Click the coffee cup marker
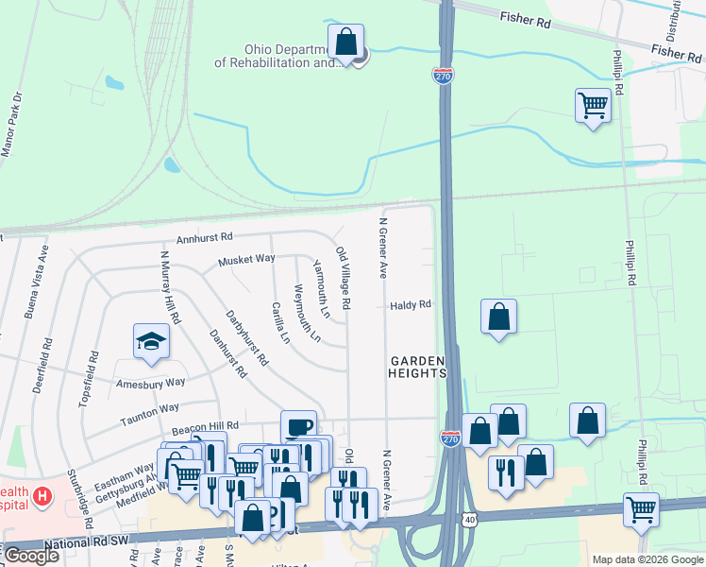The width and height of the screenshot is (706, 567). pyautogui.click(x=298, y=426)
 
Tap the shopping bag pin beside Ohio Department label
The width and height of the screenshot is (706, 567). pyautogui.click(x=346, y=43)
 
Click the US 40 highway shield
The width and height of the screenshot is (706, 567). pyautogui.click(x=469, y=519)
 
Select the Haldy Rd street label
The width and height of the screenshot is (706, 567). pyautogui.click(x=411, y=304)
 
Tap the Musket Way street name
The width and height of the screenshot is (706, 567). pyautogui.click(x=246, y=259)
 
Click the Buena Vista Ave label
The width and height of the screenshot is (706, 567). pyautogui.click(x=42, y=275)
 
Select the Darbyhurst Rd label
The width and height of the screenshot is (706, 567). pyautogui.click(x=246, y=338)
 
